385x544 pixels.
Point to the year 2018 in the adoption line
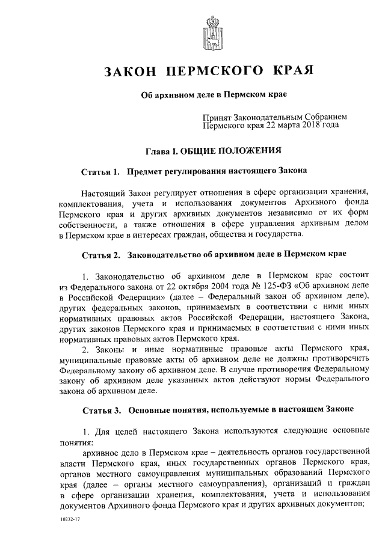pos(307,126)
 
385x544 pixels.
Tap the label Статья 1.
pos(100,173)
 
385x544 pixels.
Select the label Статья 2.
pos(100,254)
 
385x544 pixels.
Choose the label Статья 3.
pos(100,409)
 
